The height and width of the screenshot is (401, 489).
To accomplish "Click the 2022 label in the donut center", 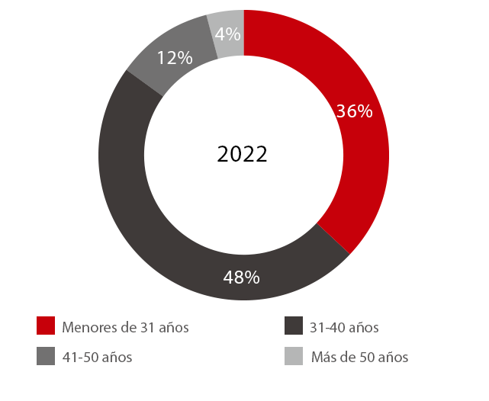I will pos(242,154).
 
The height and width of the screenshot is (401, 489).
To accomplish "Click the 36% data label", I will pos(354,111).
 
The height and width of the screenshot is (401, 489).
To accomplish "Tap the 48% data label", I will pos(242,277).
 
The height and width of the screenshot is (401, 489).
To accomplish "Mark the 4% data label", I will pos(228,34).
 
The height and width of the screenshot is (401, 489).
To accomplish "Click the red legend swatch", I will pos(46,327).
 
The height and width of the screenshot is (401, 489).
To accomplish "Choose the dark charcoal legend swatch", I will pos(294,327).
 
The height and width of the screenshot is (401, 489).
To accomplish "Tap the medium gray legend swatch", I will pos(46,356).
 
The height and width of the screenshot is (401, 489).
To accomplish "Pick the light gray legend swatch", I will pos(294,356).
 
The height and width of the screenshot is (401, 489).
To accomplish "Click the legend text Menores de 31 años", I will pos(126,328).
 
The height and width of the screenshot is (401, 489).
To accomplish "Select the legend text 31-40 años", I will pos(344,328).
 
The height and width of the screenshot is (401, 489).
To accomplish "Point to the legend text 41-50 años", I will pos(97,357).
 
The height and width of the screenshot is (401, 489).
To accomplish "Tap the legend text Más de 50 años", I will pos(360,357).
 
